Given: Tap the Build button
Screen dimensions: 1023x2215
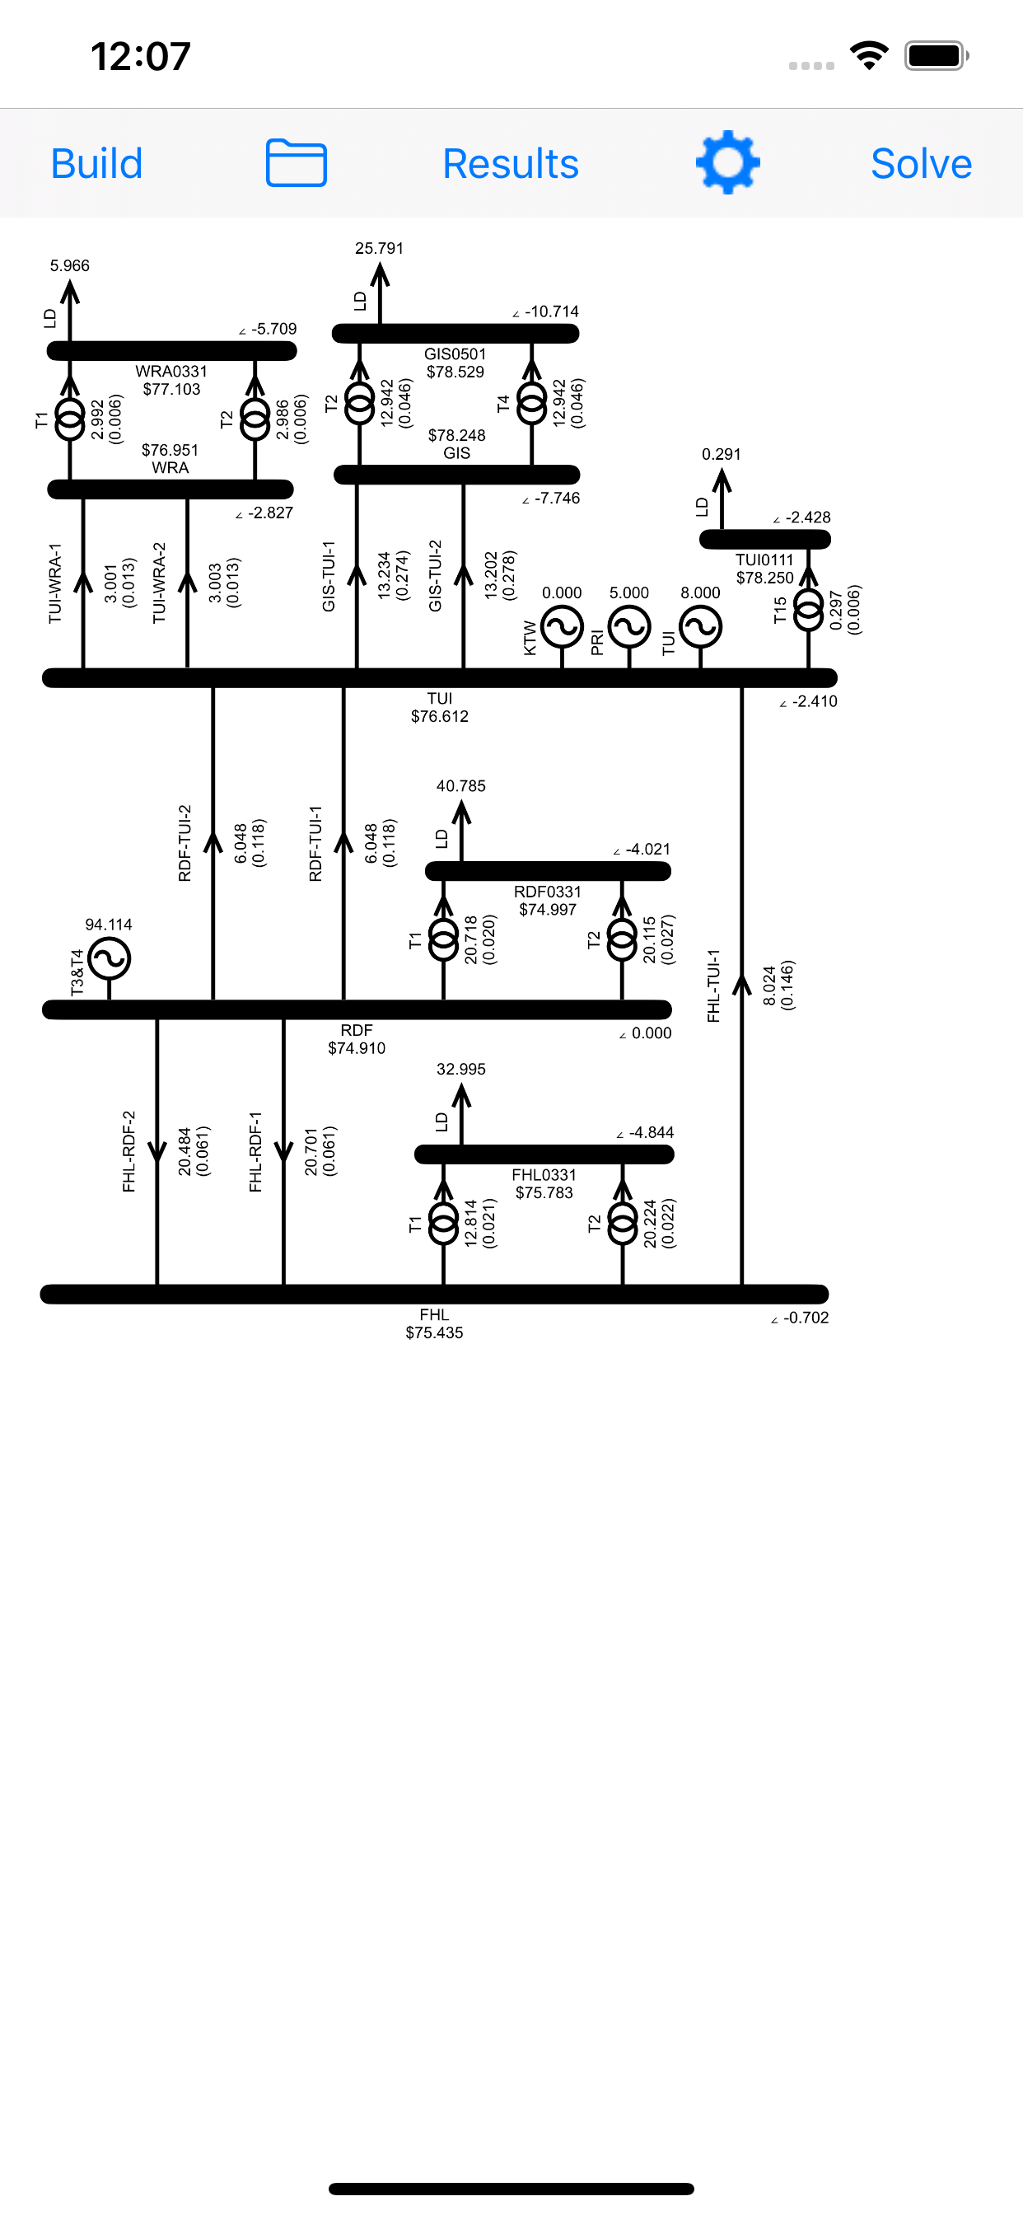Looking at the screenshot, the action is [96, 163].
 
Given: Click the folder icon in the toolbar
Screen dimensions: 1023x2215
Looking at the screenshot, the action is [296, 162].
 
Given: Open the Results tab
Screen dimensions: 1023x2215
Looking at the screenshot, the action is [511, 163].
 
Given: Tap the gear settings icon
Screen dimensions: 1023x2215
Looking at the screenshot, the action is [727, 162].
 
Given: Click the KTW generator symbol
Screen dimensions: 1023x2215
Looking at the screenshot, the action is [563, 627].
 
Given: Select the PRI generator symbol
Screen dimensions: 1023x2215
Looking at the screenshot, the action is [629, 627].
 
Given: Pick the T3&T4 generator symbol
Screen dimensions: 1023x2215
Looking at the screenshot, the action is [110, 958].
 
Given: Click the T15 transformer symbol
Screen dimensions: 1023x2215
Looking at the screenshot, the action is [808, 609].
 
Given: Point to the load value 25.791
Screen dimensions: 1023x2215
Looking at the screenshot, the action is [379, 248].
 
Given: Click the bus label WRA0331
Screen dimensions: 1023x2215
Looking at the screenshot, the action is [171, 371].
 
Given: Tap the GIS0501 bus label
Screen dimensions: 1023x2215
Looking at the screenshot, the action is [455, 354].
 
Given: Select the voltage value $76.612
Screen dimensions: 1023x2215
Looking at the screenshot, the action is [439, 716].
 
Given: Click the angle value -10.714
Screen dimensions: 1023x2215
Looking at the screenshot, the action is [551, 311].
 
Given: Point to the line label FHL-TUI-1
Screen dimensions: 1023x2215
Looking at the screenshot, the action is [713, 986].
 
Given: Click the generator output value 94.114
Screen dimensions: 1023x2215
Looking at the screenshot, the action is [109, 925].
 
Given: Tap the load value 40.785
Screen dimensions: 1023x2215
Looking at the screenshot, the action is [460, 786].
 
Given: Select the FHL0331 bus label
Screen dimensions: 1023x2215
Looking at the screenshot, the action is [544, 1174].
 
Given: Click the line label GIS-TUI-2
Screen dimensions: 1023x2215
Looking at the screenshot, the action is [435, 575].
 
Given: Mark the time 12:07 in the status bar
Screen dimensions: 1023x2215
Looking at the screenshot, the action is [140, 57].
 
